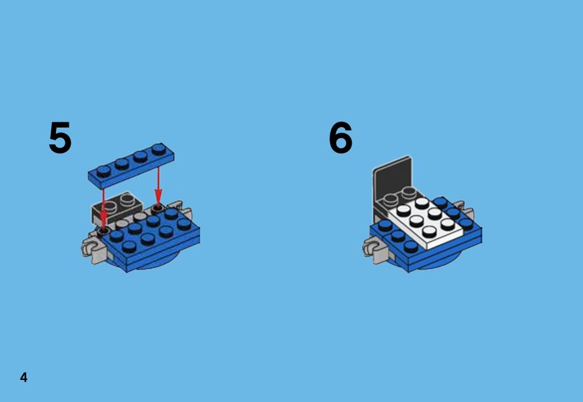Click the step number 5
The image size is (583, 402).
coord(60,138)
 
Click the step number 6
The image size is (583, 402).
coord(340,138)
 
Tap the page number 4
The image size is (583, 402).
coord(24,377)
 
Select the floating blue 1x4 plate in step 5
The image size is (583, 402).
coord(131,166)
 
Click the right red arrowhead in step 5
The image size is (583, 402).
coord(158,196)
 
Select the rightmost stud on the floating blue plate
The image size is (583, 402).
coord(159,149)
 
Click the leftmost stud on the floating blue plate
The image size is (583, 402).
coord(103,170)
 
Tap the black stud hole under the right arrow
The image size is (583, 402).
coord(158,206)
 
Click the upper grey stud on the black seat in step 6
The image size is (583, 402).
coord(409,192)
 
